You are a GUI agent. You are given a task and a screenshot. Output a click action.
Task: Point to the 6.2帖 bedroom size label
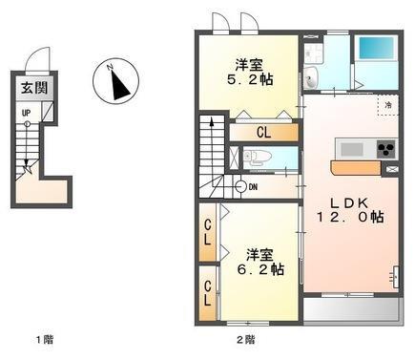point(259,263)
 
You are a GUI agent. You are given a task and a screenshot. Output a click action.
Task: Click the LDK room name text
point(348,202)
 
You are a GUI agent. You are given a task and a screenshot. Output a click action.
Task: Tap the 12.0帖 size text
point(351,218)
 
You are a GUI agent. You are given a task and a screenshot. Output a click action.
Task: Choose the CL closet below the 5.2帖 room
point(260,132)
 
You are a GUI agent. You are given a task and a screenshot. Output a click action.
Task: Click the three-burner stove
point(385,149)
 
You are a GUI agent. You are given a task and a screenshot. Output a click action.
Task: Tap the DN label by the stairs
point(252,186)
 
